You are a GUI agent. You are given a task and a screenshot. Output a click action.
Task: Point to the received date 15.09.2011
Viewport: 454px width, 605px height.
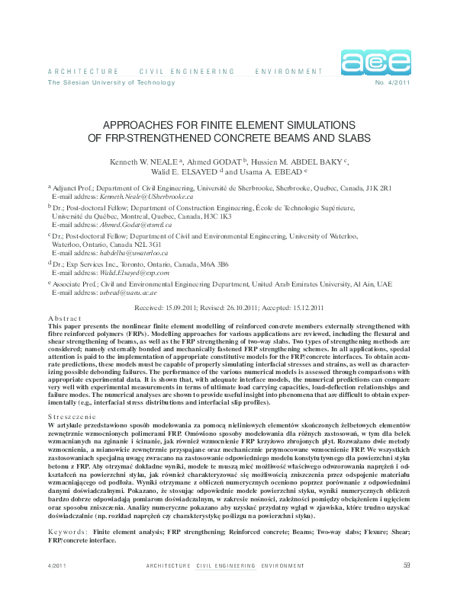point(185,308)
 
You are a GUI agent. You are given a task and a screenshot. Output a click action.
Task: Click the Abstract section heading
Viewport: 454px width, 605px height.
point(64,318)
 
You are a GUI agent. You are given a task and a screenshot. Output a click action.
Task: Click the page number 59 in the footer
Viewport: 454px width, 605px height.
point(407,586)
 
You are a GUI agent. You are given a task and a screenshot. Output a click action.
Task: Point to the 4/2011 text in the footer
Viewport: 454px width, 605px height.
point(57,587)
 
